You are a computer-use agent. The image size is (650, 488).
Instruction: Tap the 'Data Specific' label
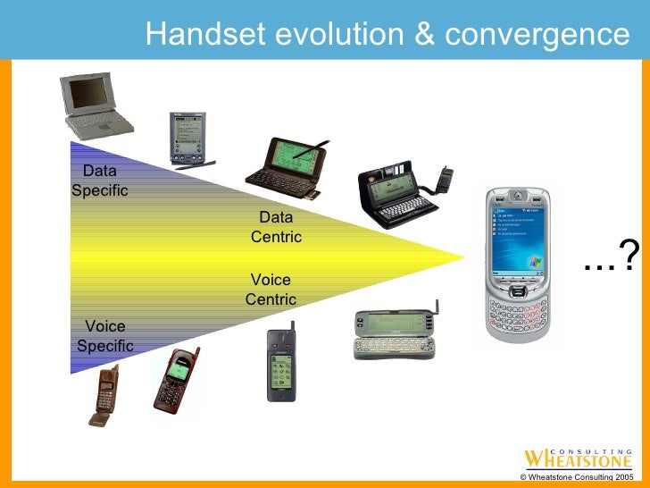click(99, 181)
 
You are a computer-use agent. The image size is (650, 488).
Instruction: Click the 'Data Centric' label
click(276, 227)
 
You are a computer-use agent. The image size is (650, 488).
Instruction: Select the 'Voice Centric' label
click(271, 290)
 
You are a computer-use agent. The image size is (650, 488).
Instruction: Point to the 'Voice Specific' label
click(104, 336)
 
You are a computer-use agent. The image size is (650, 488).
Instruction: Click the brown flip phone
click(104, 394)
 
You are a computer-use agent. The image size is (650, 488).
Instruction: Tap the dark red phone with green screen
click(174, 380)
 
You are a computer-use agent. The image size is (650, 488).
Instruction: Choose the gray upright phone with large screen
click(280, 364)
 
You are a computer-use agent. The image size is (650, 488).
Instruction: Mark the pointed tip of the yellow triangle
click(465, 258)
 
